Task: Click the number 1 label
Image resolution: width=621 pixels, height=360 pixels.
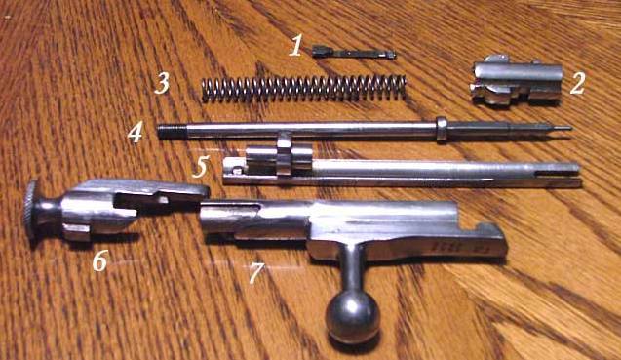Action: [x=295, y=45]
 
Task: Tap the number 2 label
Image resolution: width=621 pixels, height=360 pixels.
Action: [x=577, y=84]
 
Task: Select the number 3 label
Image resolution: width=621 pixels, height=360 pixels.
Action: [x=162, y=83]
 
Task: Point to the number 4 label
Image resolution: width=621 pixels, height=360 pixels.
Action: [x=135, y=133]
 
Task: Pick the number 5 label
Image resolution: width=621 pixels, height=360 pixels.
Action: [x=201, y=167]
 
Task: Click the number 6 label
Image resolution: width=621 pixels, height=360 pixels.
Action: [x=99, y=261]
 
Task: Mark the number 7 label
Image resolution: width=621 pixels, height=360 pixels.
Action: [x=255, y=274]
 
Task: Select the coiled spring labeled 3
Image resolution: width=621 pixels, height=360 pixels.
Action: [x=304, y=88]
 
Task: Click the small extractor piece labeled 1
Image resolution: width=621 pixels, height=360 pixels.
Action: [x=354, y=53]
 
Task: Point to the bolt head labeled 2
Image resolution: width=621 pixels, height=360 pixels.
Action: [x=516, y=80]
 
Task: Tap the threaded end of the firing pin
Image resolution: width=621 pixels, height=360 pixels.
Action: [x=173, y=132]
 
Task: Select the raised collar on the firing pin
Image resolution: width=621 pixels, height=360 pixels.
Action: [x=442, y=129]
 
